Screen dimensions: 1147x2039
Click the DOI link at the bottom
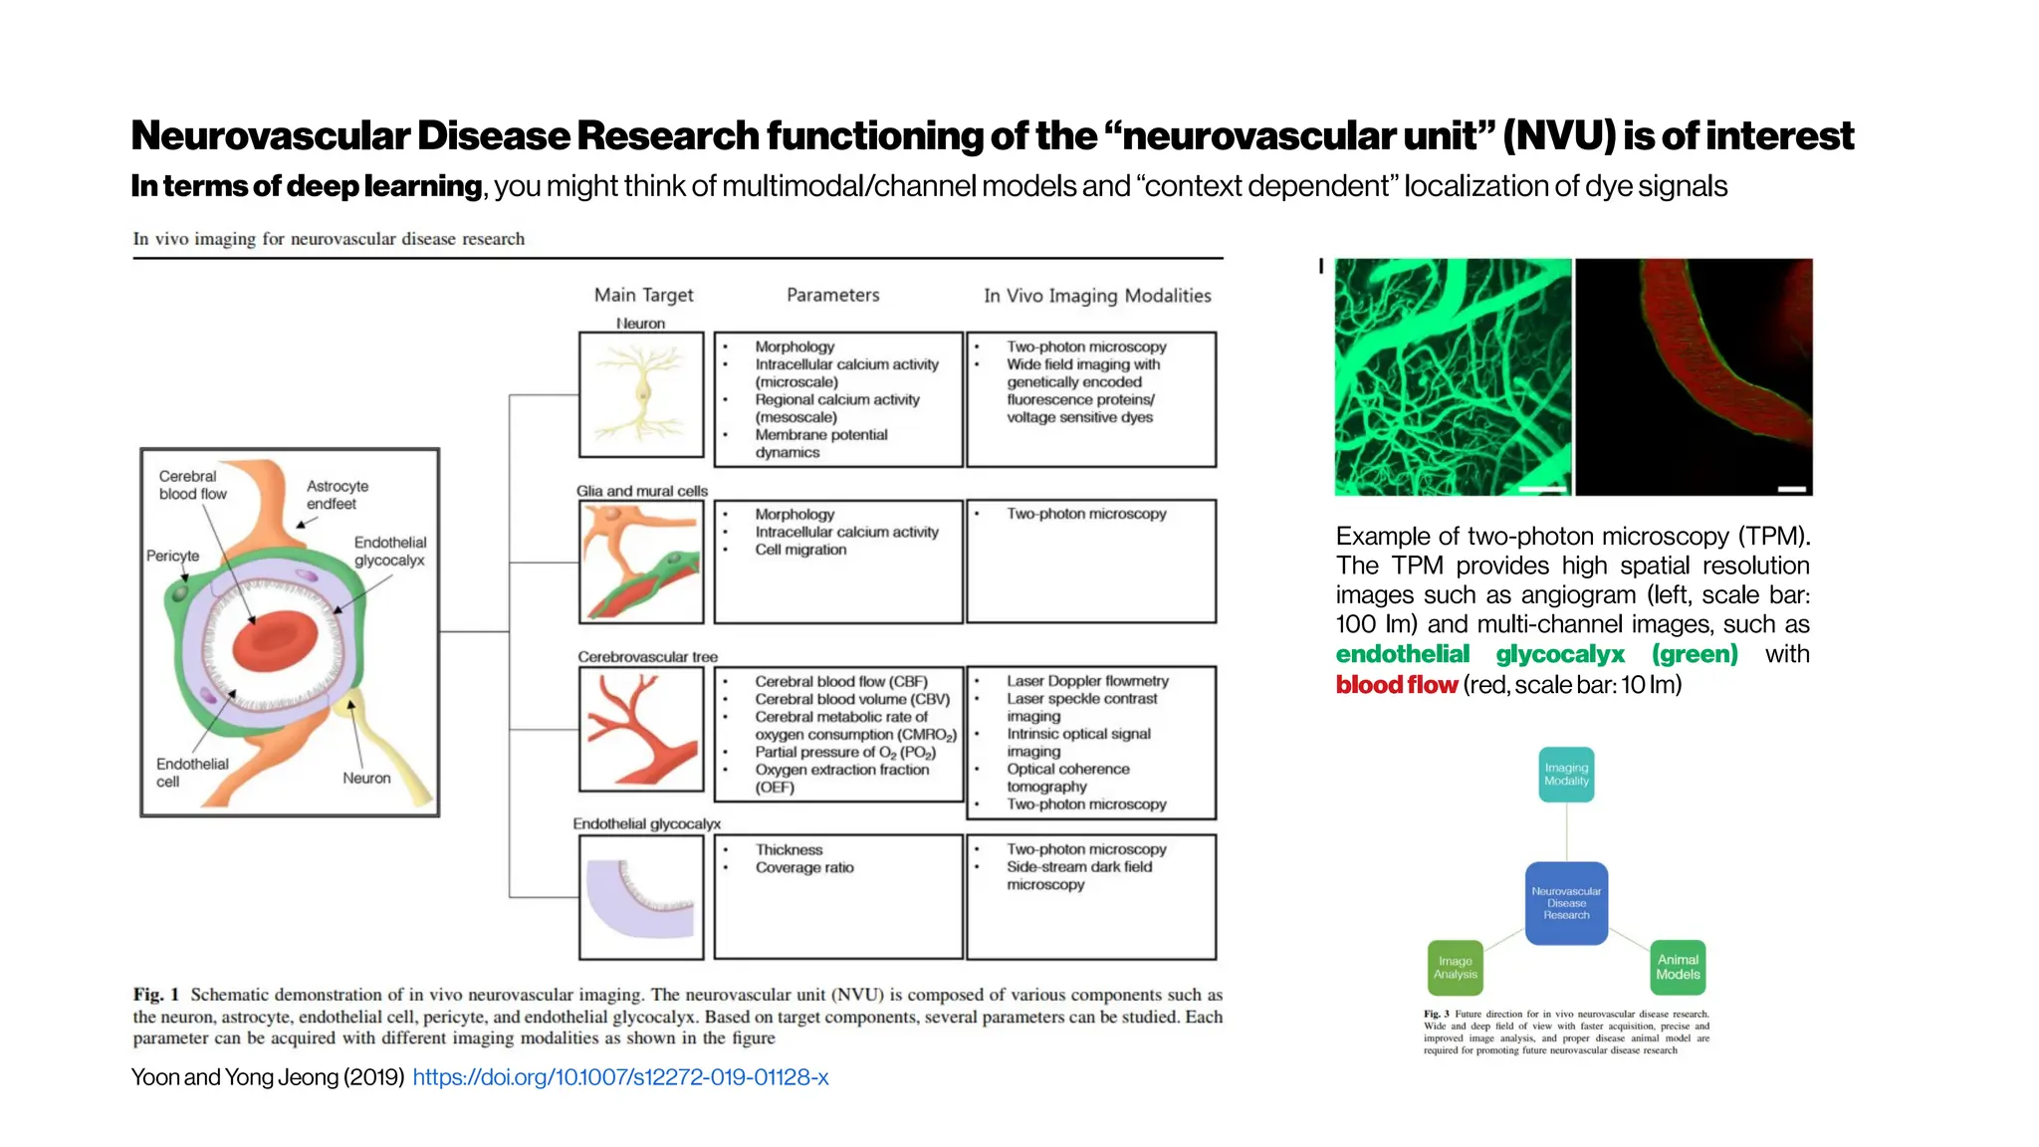pyautogui.click(x=620, y=1077)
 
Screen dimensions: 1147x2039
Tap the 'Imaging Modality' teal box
pyautogui.click(x=1566, y=775)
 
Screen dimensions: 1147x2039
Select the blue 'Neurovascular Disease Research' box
pyautogui.click(x=1566, y=903)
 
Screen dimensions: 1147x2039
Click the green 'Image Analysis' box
pyautogui.click(x=1455, y=968)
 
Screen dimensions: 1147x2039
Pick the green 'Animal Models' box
pyautogui.click(x=1678, y=968)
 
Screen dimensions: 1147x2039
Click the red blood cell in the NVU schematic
pyautogui.click(x=274, y=641)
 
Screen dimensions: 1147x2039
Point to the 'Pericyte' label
pyautogui.click(x=172, y=556)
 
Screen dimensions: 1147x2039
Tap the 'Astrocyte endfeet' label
pyautogui.click(x=337, y=495)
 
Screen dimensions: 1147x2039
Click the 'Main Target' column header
pyautogui.click(x=643, y=295)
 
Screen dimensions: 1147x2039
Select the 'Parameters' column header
pyautogui.click(x=832, y=295)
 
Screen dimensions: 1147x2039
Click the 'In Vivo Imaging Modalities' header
pyautogui.click(x=1097, y=296)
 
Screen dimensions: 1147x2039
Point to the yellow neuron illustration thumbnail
pyautogui.click(x=641, y=395)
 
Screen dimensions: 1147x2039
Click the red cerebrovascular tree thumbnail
pyautogui.click(x=641, y=730)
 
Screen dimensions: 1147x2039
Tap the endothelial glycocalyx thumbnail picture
pyautogui.click(x=641, y=897)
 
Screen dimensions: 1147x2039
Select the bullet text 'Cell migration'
pyautogui.click(x=800, y=550)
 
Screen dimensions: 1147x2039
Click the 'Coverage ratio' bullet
pyautogui.click(x=803, y=867)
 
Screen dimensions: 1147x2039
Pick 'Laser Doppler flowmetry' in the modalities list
pyautogui.click(x=1087, y=681)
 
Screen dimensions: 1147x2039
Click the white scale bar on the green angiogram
pyautogui.click(x=1541, y=489)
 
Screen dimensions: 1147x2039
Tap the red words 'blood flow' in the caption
pyautogui.click(x=1396, y=685)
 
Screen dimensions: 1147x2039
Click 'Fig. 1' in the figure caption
pyautogui.click(x=156, y=995)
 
